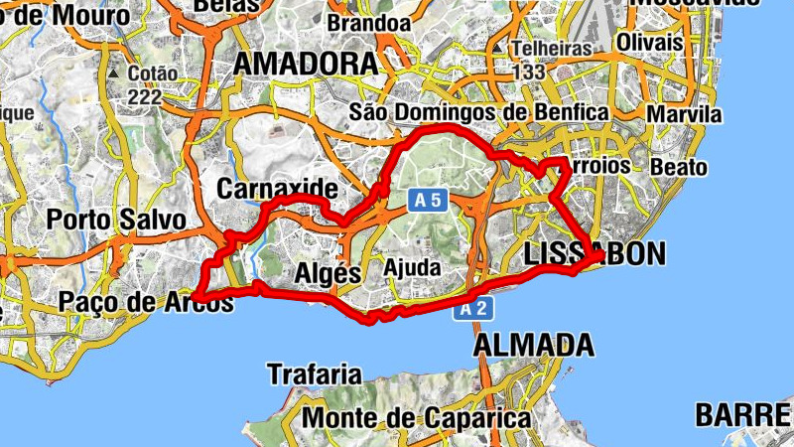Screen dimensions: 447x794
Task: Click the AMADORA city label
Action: [306, 64]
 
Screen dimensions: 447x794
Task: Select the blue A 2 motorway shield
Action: [472, 310]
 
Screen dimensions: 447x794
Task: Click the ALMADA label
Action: [534, 346]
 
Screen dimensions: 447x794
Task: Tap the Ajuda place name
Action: [411, 269]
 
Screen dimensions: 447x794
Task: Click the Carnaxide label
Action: [277, 189]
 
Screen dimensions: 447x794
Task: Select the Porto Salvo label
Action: [116, 219]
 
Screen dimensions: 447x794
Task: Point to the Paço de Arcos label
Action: [146, 301]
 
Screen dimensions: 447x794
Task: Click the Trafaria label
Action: [315, 374]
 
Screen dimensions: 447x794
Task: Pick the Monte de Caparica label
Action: [416, 418]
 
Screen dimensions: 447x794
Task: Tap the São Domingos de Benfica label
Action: [479, 113]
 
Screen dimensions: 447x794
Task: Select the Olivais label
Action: [649, 43]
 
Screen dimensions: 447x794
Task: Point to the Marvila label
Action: [685, 114]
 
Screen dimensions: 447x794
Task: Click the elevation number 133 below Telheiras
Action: [530, 72]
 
